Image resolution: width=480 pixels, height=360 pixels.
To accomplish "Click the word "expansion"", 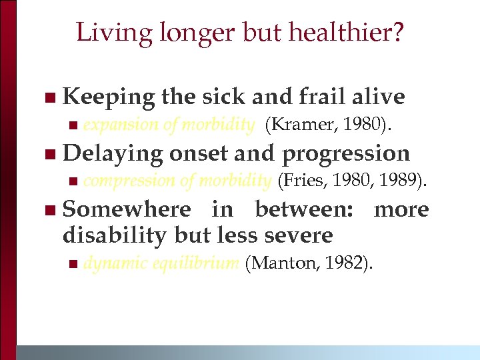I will (121, 125).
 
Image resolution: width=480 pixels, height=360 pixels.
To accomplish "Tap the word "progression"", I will (346, 153).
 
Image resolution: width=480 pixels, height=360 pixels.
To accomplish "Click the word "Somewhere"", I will (127, 209).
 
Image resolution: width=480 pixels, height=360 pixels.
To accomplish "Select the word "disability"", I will (115, 235).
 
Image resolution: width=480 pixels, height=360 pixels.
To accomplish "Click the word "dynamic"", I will (115, 263).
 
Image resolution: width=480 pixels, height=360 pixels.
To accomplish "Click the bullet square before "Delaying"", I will (49, 155).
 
